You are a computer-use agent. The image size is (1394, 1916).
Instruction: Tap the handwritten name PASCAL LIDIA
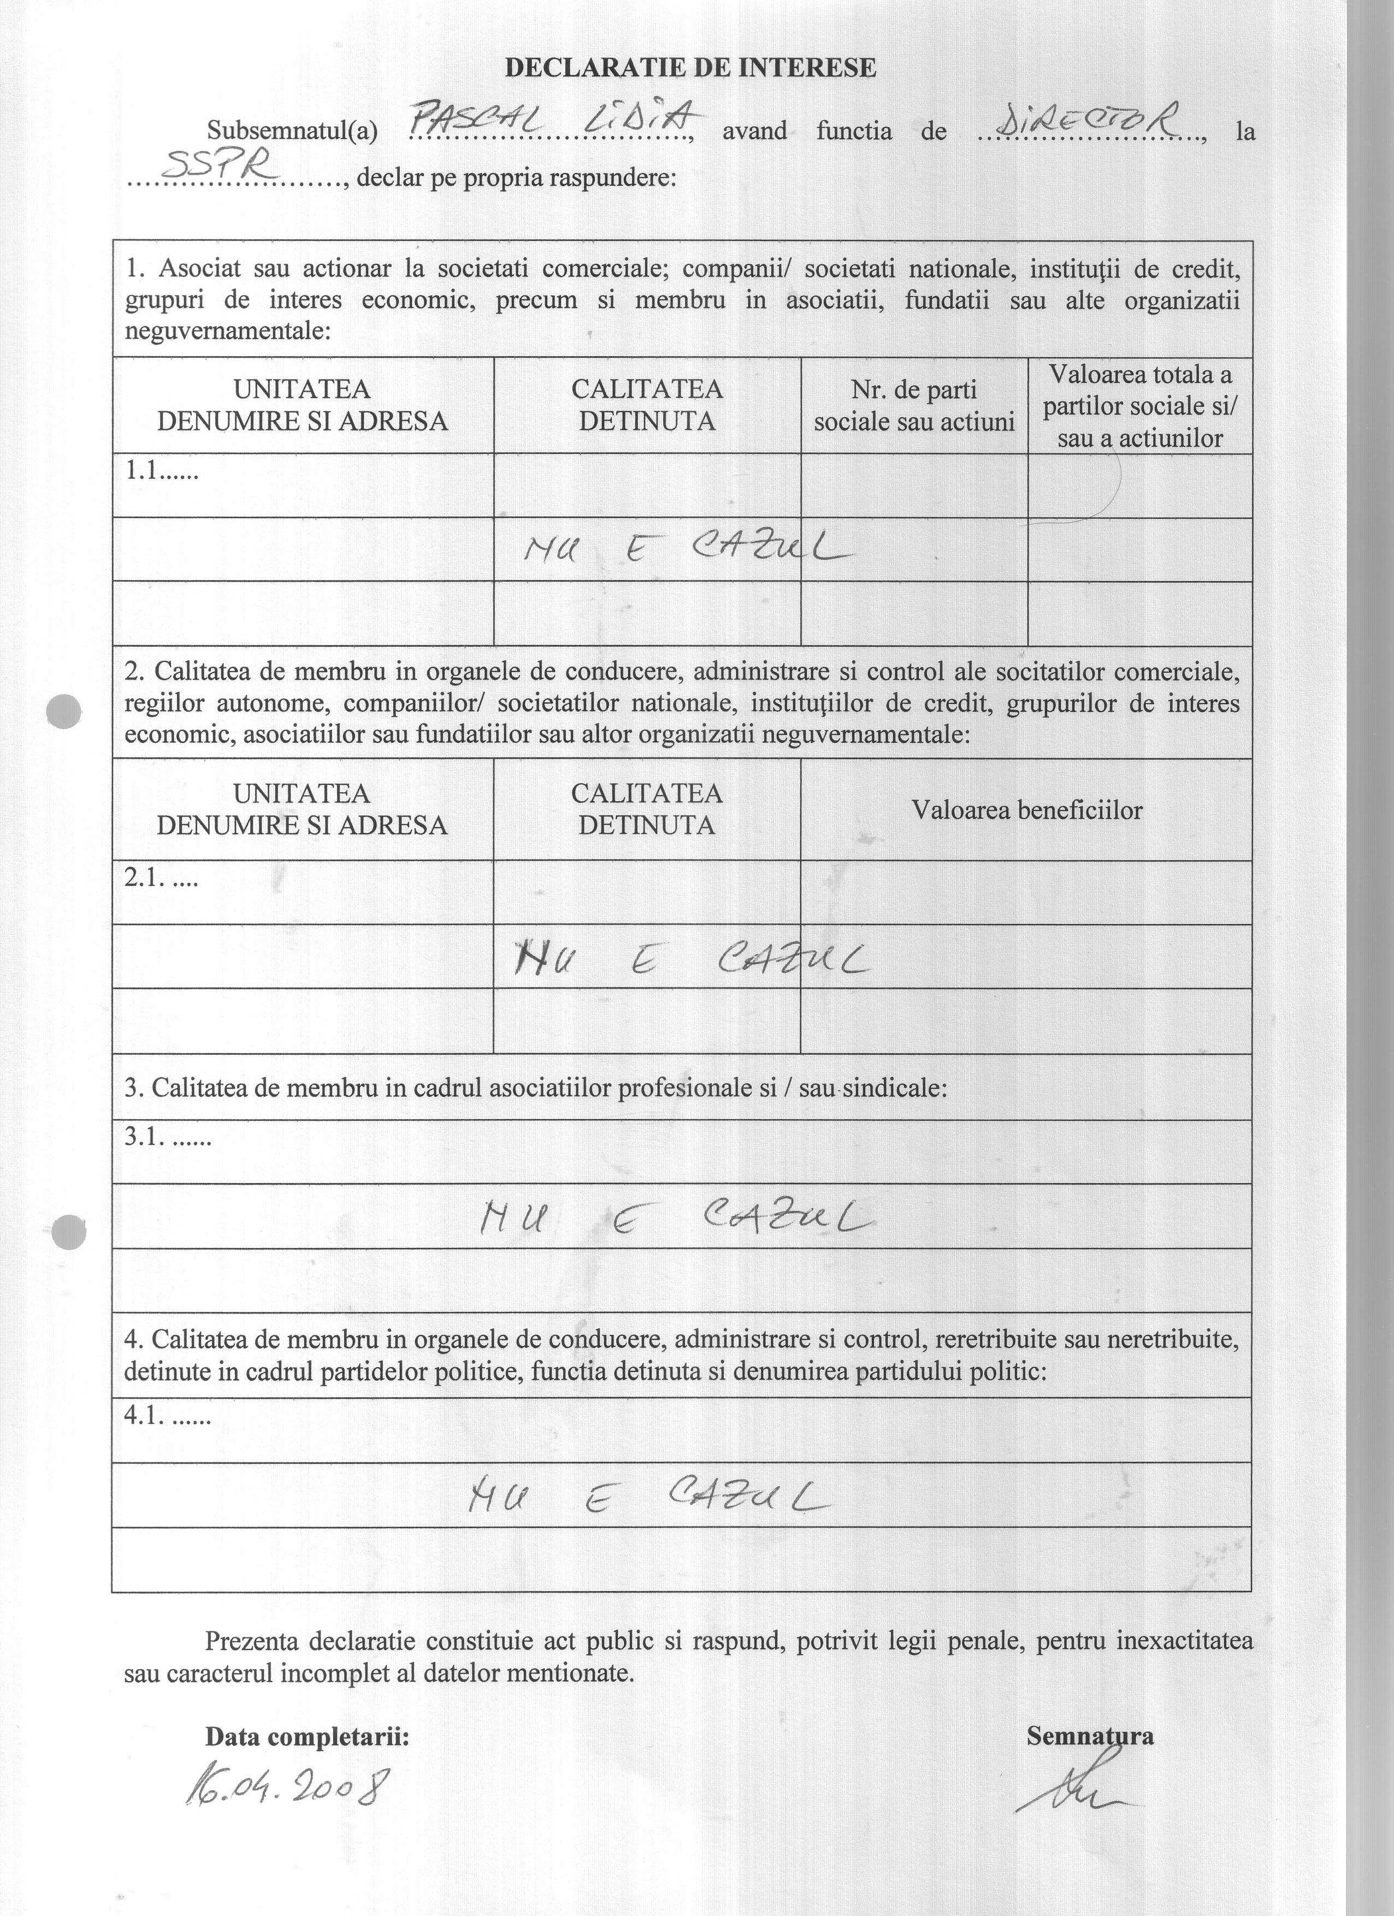(553, 120)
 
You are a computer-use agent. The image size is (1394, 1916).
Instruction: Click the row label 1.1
(161, 471)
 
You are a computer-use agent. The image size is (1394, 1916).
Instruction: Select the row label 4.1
(167, 1415)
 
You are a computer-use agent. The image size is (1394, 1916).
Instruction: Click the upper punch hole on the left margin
(64, 711)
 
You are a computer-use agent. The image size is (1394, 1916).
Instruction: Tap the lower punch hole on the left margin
(68, 1232)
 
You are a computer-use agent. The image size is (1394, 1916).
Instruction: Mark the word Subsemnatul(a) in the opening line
(292, 132)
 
